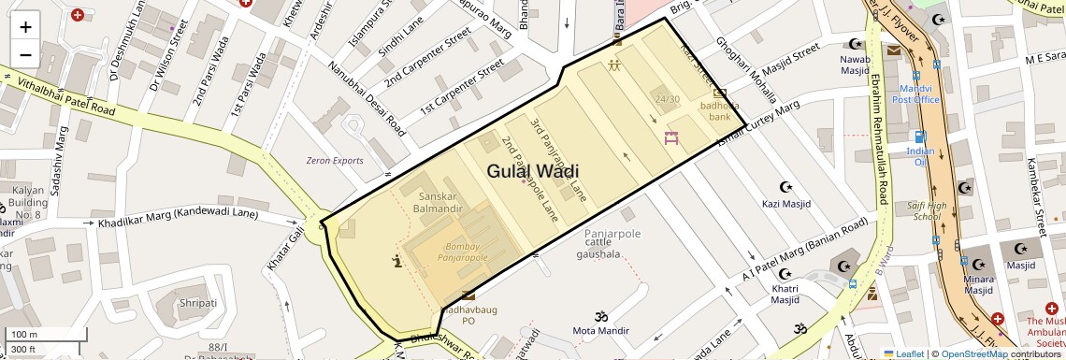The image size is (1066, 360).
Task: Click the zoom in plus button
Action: pos(25,26)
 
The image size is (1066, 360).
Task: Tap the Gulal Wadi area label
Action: pos(532,171)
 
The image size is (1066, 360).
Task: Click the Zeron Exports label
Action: pos(335,160)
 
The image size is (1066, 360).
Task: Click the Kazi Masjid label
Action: pos(785,203)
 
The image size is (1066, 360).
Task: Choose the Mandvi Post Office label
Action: pos(915,94)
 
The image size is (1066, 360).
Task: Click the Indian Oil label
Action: pos(920,156)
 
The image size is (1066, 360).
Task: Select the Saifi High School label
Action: pos(926,210)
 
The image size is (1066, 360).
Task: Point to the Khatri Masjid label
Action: pos(785,294)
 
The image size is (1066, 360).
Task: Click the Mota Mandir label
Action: pos(600,330)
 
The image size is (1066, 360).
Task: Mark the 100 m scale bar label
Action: pos(23,334)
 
